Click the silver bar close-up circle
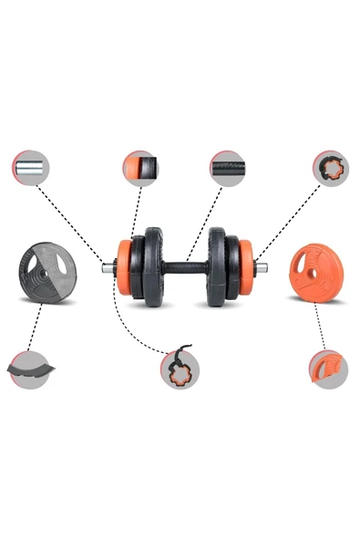[31, 169]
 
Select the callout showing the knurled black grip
[227, 169]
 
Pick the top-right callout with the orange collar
[330, 169]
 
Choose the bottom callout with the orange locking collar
[181, 369]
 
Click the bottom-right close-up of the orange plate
[327, 369]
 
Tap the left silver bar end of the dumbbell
[108, 268]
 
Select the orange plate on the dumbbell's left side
[124, 267]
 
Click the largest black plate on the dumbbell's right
[218, 266]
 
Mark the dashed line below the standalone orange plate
[318, 325]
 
